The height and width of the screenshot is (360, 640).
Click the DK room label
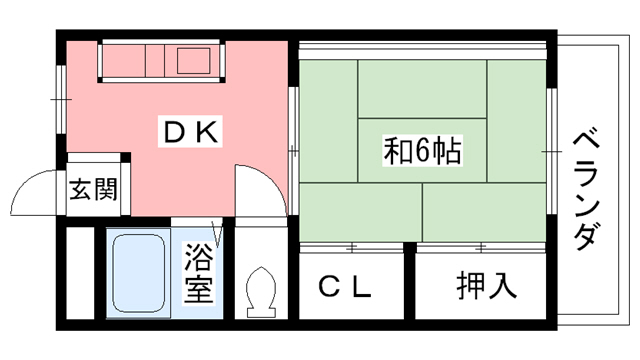tap(188, 130)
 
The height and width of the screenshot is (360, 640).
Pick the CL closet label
tap(345, 288)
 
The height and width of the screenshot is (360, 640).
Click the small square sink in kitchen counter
tap(193, 61)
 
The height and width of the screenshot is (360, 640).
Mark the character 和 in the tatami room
tap(398, 152)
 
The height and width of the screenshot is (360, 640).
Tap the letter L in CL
tap(361, 288)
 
